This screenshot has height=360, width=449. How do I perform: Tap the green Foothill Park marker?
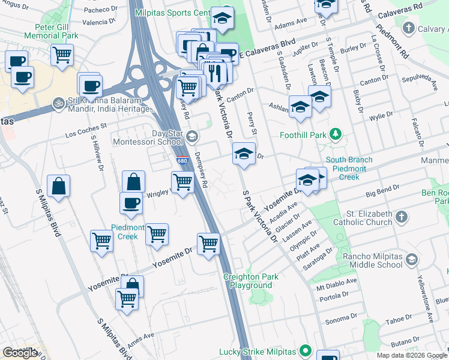tap(337, 134)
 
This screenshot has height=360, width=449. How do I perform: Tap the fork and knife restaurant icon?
tap(214, 73)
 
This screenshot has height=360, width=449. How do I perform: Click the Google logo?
tap(20, 353)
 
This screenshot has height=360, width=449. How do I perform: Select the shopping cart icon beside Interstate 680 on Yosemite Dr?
tap(208, 244)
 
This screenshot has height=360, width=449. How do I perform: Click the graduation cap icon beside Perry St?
tap(244, 154)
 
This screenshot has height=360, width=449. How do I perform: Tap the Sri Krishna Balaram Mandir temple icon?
tap(58, 102)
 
